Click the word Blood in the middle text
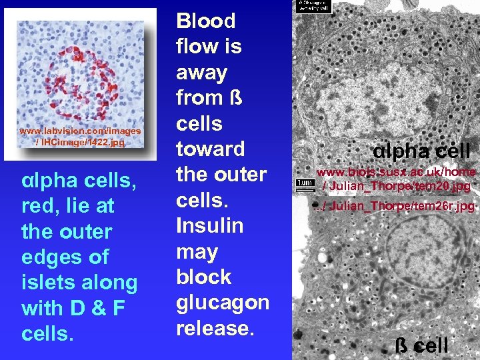point(205,21)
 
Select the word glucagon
point(222,303)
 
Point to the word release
point(215,328)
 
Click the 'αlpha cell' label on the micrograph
point(421,151)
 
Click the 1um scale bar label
point(305,182)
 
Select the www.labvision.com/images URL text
point(80,131)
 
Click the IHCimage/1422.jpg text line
point(80,142)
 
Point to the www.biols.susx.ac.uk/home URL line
point(396,171)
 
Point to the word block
point(203,277)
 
